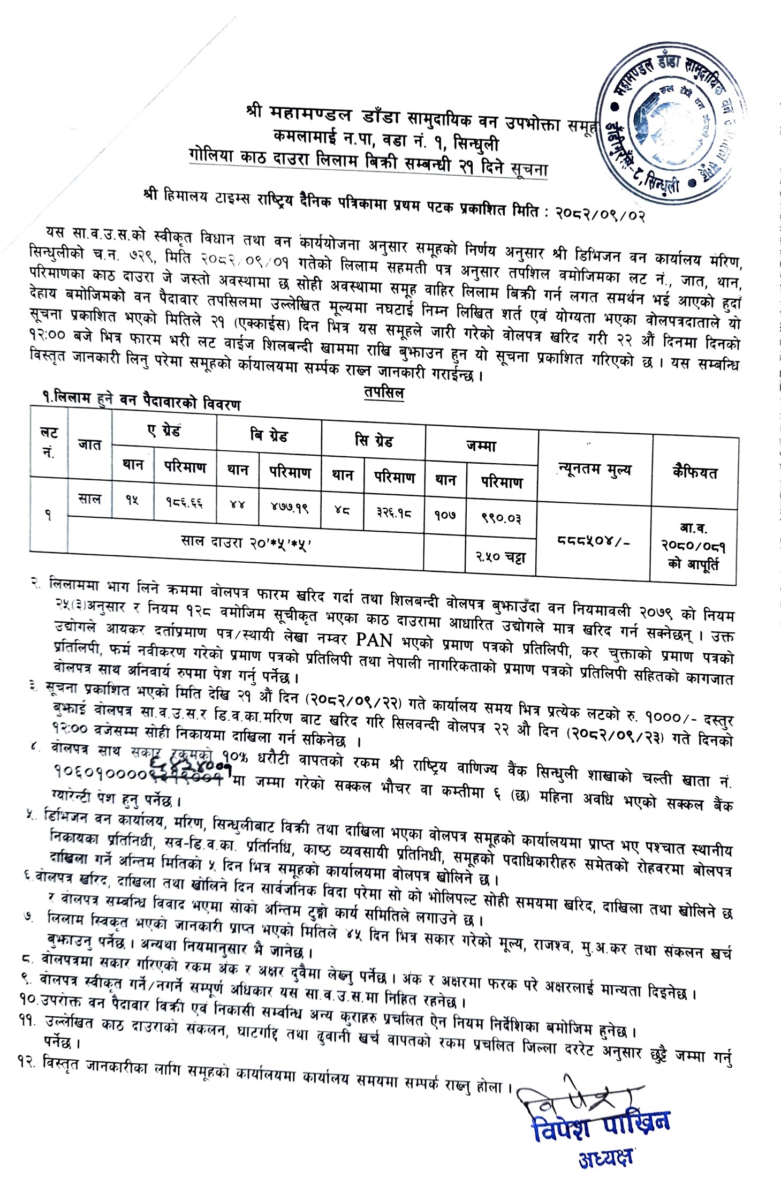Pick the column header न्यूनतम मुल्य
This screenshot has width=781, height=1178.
[594, 471]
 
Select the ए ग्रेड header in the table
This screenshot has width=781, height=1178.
[165, 430]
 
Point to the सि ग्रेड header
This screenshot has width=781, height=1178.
[374, 441]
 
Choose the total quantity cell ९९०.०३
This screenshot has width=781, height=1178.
[501, 518]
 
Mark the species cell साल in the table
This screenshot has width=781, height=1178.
[89, 499]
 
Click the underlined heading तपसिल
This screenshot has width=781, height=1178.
[384, 393]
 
